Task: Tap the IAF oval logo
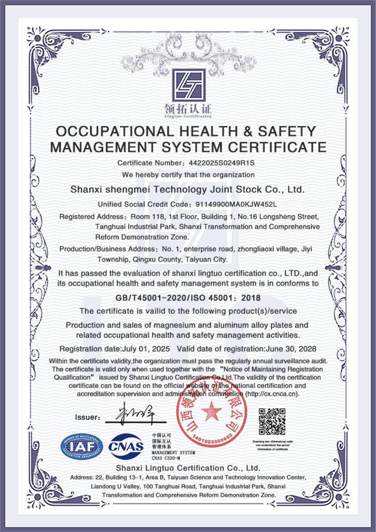[x=82, y=447]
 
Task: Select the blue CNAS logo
[x=126, y=446]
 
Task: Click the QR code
[x=272, y=422]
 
